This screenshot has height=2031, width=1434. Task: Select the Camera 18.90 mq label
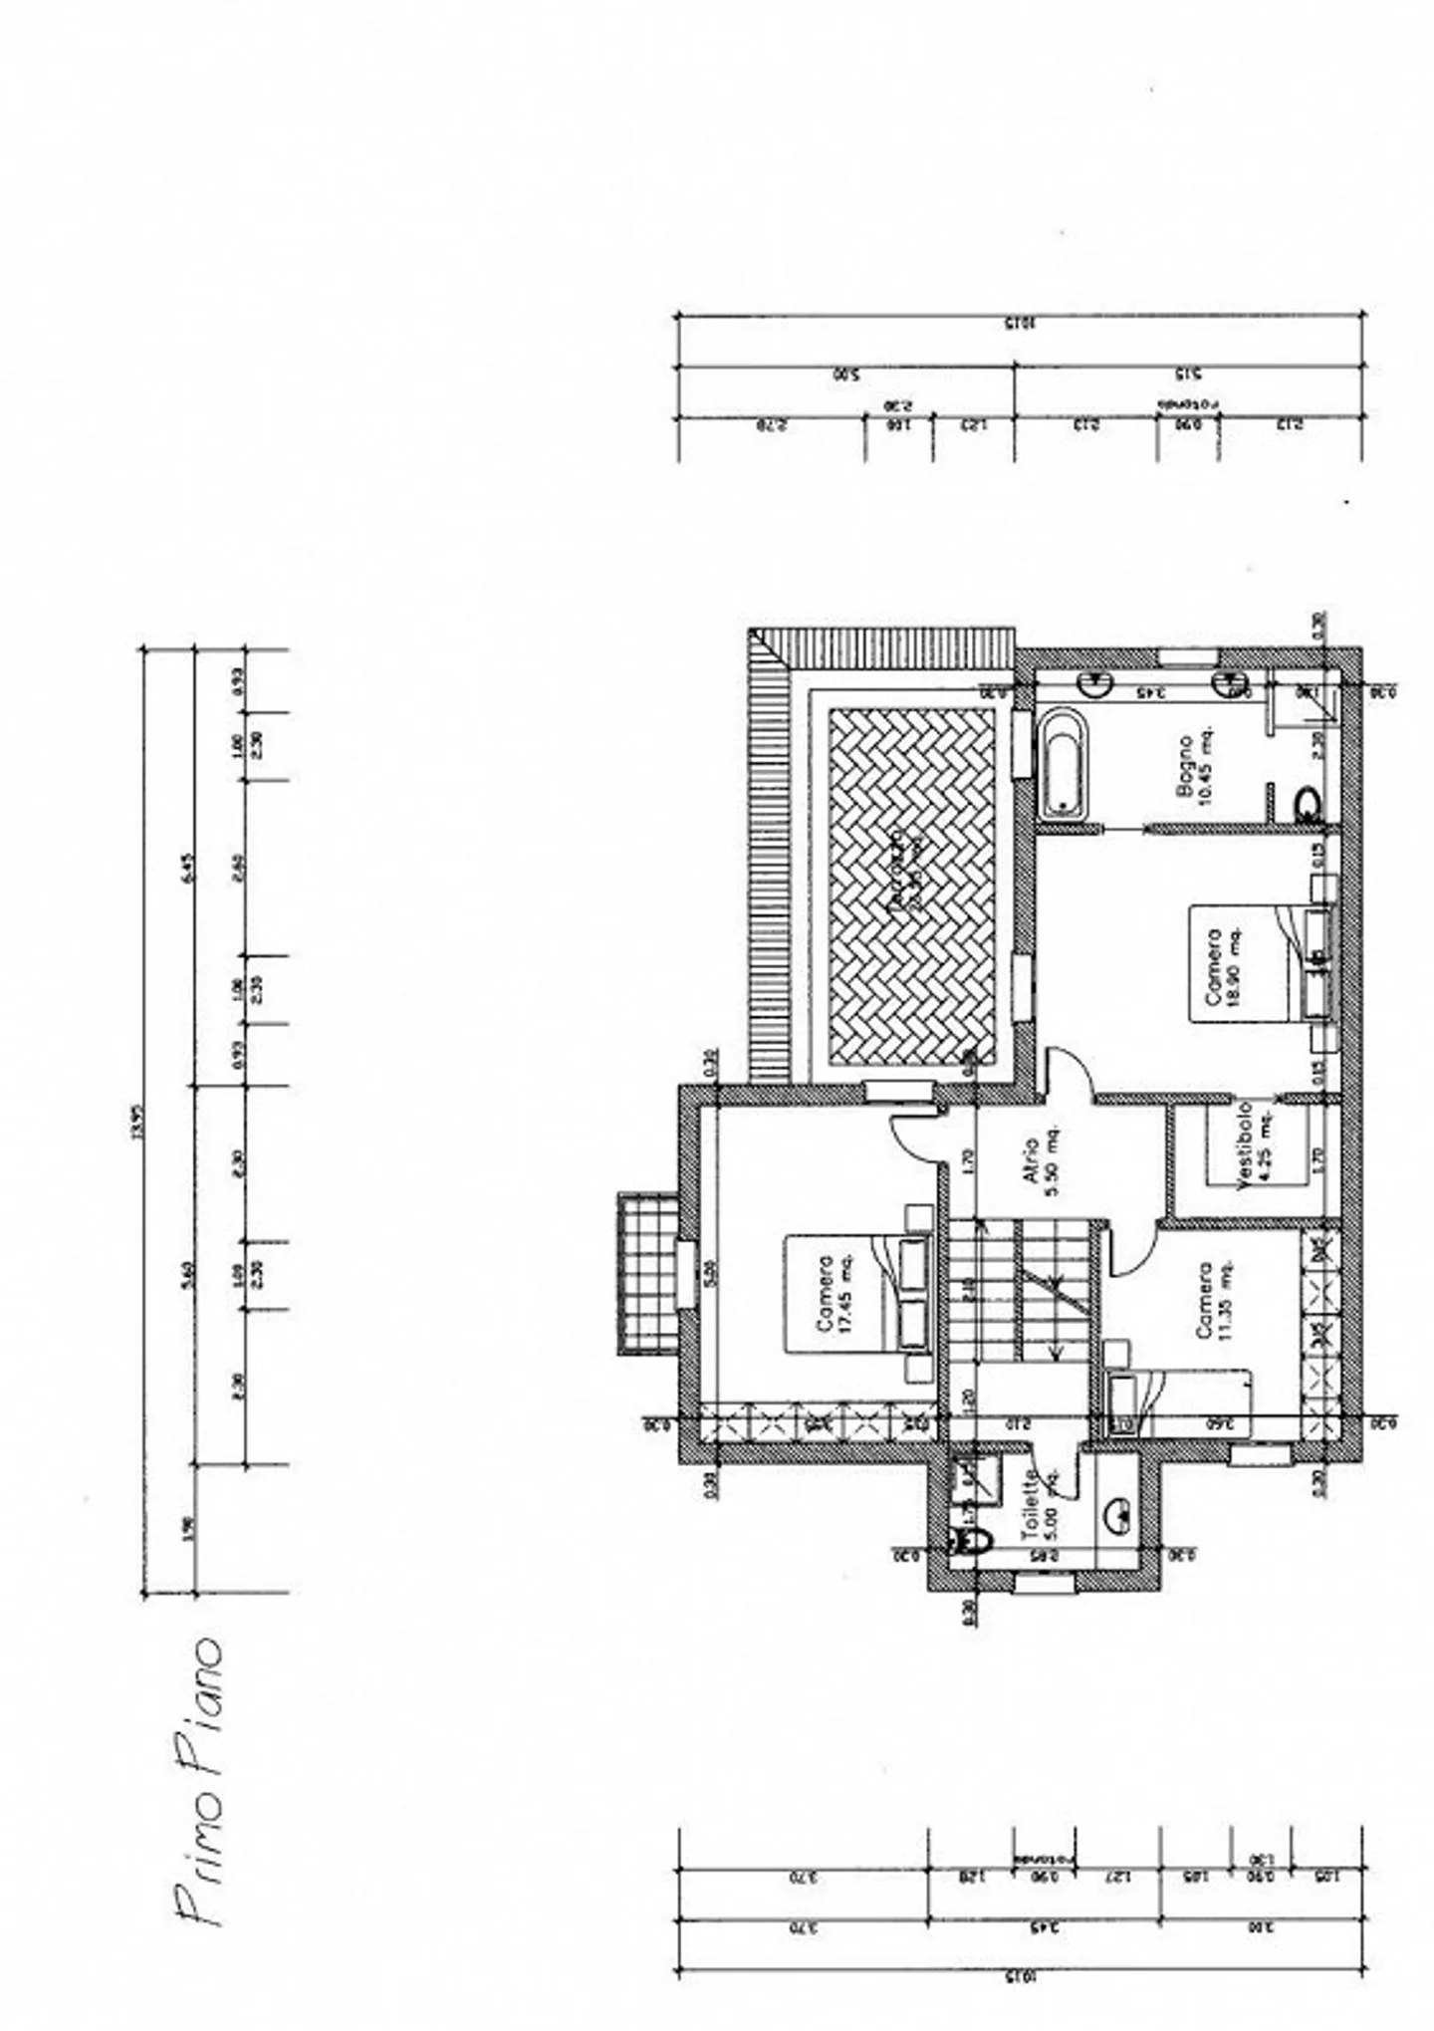tap(1222, 971)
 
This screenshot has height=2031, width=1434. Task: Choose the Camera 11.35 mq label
tap(1213, 1300)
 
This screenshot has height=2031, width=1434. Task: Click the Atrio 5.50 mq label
tap(1041, 1160)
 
